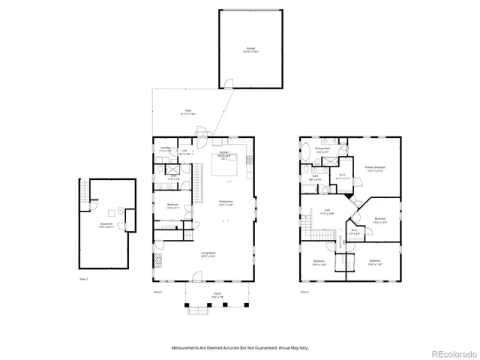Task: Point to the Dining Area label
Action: pos(226,202)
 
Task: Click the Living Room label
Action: pos(208,253)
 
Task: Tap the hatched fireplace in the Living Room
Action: pos(157,260)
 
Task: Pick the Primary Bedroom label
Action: pos(375,169)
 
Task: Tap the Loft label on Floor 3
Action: pos(327,211)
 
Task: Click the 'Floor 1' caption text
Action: pos(84,280)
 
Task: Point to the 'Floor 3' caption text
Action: pos(304,291)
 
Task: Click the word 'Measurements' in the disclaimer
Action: pos(188,347)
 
